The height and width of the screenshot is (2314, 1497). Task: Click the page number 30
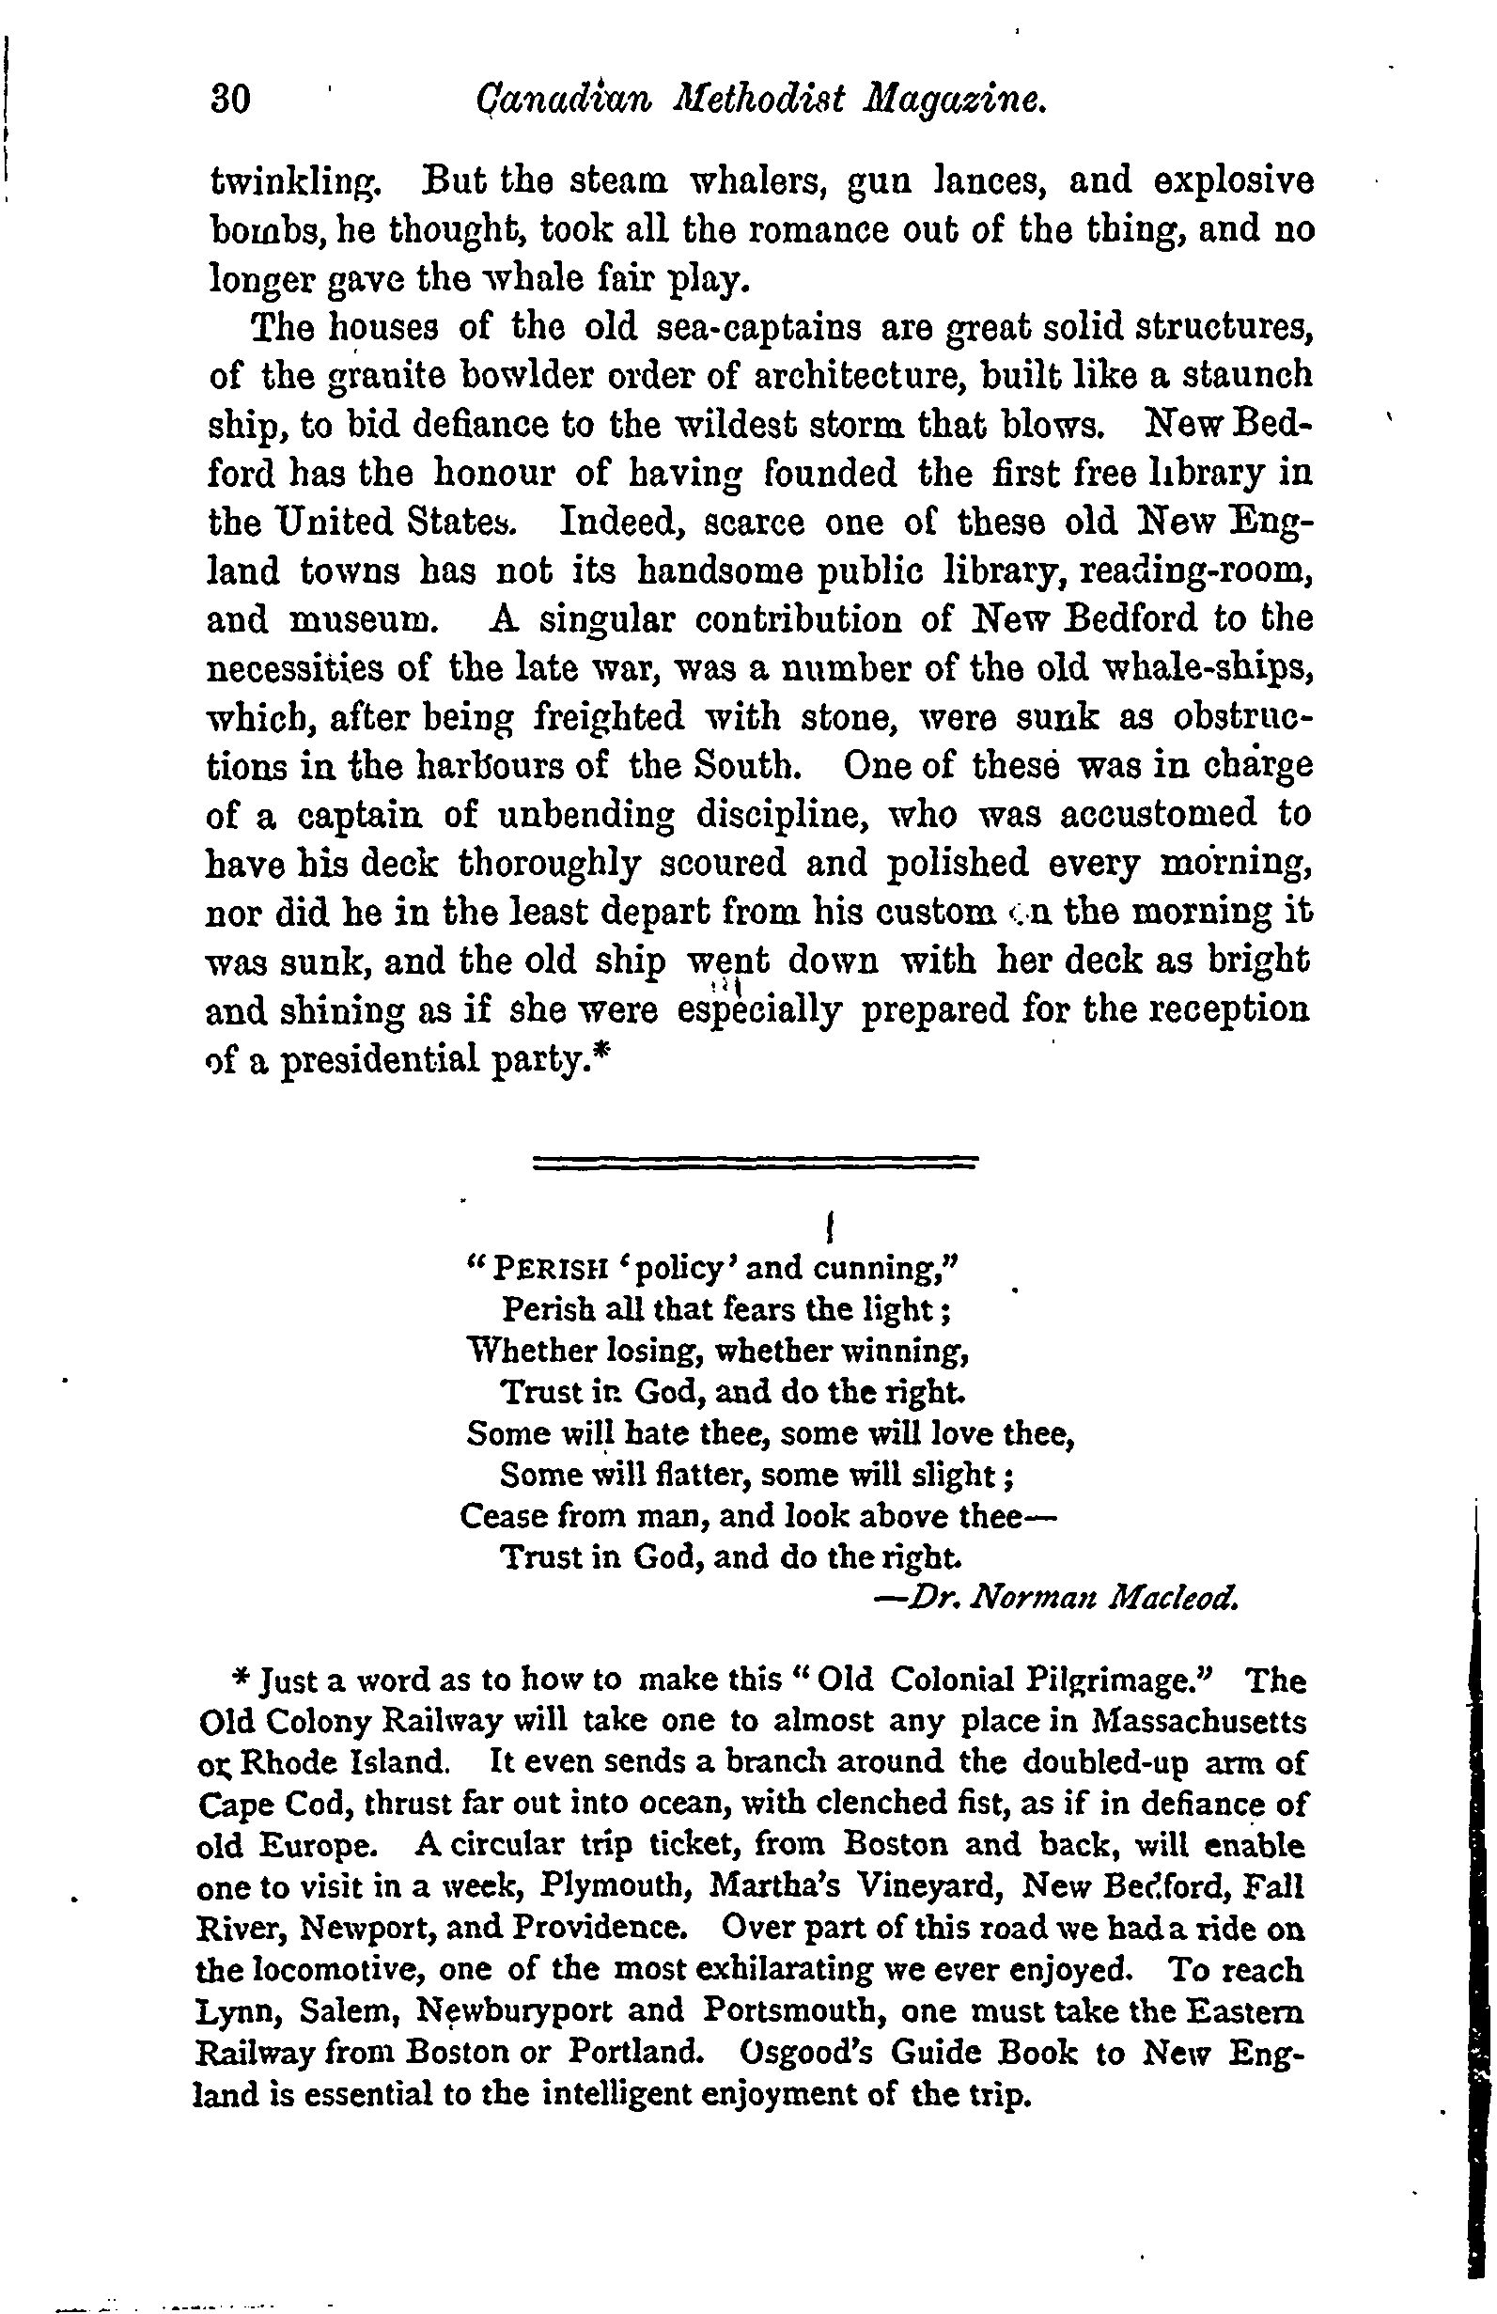[x=231, y=101]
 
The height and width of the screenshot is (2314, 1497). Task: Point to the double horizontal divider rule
[x=756, y=1162]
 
